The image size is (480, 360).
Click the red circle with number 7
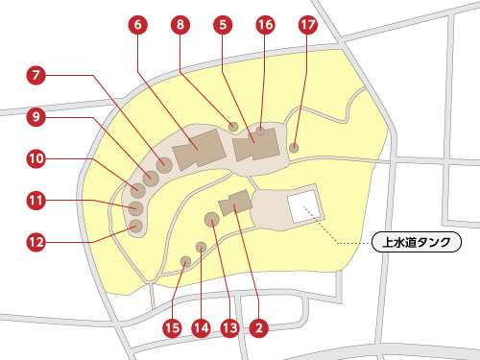pyautogui.click(x=37, y=74)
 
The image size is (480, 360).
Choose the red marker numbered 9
pyautogui.click(x=37, y=117)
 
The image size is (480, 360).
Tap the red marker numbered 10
pyautogui.click(x=37, y=158)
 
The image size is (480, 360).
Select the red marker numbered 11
pyautogui.click(x=37, y=201)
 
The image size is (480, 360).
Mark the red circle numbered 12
pyautogui.click(x=37, y=243)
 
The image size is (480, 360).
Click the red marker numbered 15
pyautogui.click(x=172, y=328)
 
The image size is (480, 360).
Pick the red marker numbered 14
pyautogui.click(x=201, y=328)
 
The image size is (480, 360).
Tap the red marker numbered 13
pyautogui.click(x=228, y=328)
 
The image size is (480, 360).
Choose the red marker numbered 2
pyautogui.click(x=257, y=328)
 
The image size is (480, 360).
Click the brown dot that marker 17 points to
pyautogui.click(x=294, y=147)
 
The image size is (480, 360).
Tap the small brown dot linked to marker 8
pyautogui.click(x=233, y=125)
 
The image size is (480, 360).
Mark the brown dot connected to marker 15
pyautogui.click(x=186, y=260)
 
